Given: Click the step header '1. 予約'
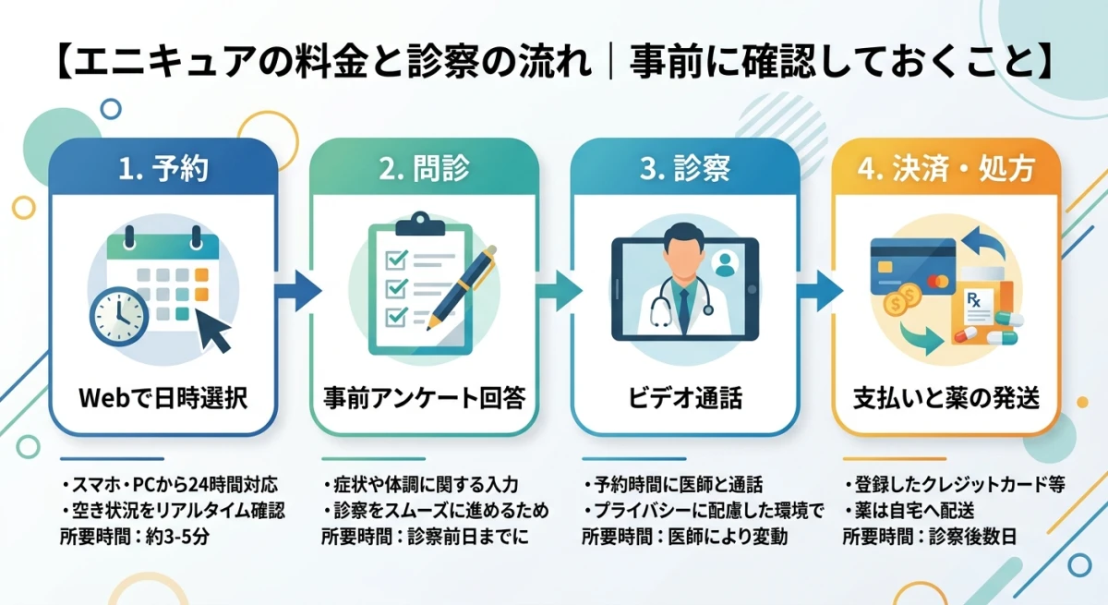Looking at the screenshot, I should point(163,168).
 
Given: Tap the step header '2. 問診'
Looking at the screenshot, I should point(424,168).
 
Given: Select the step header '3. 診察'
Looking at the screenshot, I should point(685,168).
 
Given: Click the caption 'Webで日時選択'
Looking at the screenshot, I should point(163,398).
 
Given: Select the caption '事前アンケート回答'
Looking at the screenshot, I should point(424,398).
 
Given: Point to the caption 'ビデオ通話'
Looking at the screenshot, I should point(685,398).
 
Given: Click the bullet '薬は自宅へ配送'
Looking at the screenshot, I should point(910,511).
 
